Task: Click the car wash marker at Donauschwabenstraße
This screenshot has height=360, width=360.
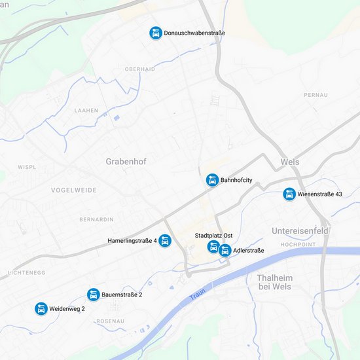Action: click(156, 33)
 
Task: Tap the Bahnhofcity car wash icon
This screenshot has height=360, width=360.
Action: click(212, 180)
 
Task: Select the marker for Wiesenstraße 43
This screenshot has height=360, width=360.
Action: click(289, 194)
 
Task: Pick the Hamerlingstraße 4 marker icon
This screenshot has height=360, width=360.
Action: click(165, 241)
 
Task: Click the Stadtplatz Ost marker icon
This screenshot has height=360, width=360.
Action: click(213, 247)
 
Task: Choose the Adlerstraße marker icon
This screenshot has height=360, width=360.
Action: click(225, 250)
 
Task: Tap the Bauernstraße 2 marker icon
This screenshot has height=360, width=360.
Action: click(94, 295)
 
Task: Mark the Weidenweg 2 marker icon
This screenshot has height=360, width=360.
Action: click(41, 308)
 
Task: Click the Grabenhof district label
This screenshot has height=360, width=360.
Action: click(126, 161)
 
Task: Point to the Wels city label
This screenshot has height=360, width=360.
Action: click(289, 162)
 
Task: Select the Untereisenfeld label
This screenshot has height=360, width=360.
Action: click(300, 231)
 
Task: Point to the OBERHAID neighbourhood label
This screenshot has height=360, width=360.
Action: click(140, 69)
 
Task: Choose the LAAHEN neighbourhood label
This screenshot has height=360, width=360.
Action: click(86, 111)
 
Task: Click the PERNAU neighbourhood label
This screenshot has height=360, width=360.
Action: click(315, 95)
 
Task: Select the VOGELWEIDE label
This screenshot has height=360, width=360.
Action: click(74, 190)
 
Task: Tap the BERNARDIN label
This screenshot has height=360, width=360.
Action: click(96, 219)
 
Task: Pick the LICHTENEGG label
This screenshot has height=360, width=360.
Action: click(26, 272)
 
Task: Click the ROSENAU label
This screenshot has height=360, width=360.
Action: click(110, 321)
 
